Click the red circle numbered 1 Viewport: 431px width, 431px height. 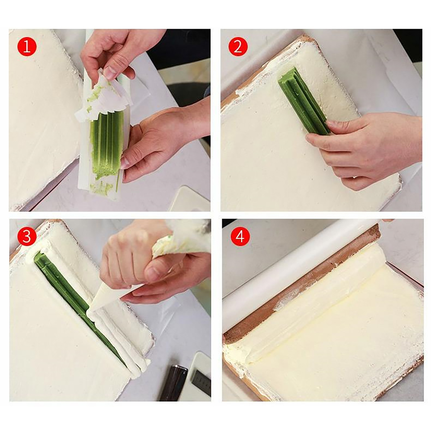click(x=27, y=47)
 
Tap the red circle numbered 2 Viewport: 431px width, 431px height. click(x=238, y=47)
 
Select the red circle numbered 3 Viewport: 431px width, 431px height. click(x=27, y=237)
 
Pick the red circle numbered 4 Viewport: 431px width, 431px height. click(x=240, y=237)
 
